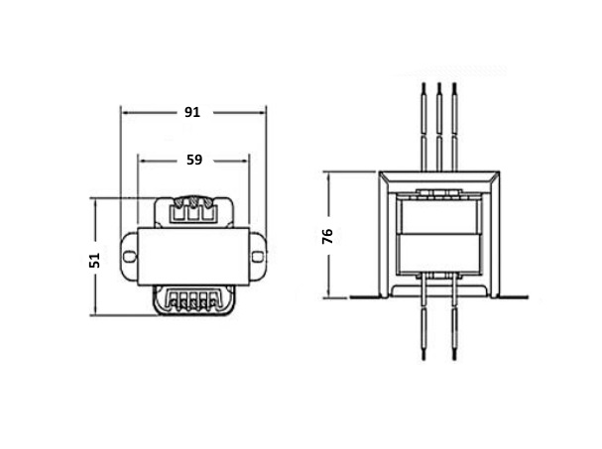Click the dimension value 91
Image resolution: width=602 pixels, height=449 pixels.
(192, 112)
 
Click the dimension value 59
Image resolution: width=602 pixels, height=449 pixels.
(194, 160)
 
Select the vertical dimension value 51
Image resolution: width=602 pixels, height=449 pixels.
(94, 261)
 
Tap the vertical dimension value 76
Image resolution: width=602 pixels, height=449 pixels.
(327, 237)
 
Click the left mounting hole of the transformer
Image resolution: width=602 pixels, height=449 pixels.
(130, 256)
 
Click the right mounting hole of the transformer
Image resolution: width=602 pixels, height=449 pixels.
(258, 256)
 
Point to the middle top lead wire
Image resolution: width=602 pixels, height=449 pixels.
(439, 127)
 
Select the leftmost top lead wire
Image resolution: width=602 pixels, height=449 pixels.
(423, 127)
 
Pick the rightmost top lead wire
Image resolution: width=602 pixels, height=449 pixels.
(454, 127)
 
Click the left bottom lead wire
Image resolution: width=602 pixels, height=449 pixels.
(423, 318)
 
